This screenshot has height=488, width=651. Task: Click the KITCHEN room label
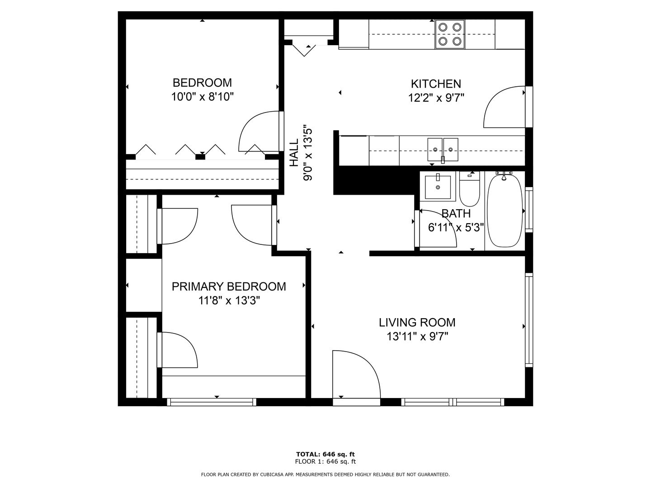436,84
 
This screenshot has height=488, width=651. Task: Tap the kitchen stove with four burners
450,34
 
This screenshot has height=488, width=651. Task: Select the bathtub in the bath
505,211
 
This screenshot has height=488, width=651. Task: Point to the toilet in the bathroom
469,189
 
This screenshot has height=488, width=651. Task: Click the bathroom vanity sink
438,187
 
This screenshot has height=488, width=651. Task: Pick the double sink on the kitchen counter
443,150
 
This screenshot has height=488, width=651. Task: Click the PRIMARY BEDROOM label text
229,286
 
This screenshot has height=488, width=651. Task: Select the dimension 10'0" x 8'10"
202,97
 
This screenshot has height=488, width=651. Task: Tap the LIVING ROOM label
417,322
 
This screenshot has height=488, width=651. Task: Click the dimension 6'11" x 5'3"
456,228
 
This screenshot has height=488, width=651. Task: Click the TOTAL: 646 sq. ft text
325,454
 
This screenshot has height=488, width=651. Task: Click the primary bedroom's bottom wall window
212,402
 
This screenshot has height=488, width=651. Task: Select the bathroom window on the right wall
529,210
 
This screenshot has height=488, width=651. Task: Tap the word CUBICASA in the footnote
272,474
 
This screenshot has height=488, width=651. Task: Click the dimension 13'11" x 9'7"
417,337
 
